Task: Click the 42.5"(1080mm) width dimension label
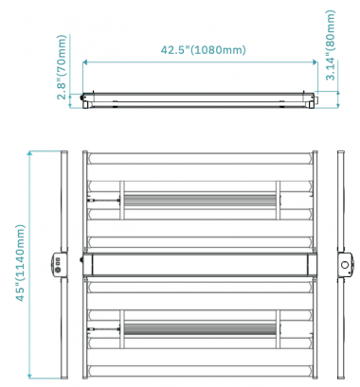coord(203,50)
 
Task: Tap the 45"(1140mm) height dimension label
coord(20,263)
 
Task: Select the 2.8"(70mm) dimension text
coord(62,67)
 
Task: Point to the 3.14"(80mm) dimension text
coord(331,45)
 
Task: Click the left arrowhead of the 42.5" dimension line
coord(85,62)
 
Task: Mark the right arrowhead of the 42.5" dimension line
coord(315,62)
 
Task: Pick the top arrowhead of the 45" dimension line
coord(29,153)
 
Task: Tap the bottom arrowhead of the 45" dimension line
coord(29,377)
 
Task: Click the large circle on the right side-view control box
coord(345,265)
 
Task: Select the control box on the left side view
coord(59,264)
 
